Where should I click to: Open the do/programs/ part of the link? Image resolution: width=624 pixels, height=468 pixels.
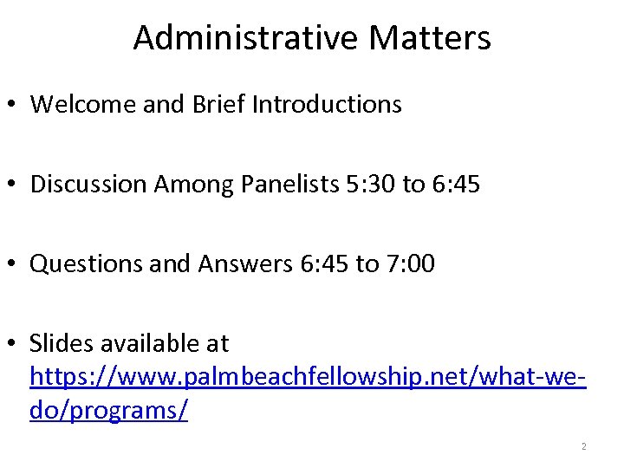[108, 410]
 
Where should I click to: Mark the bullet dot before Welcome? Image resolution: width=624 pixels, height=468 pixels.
[12, 106]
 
